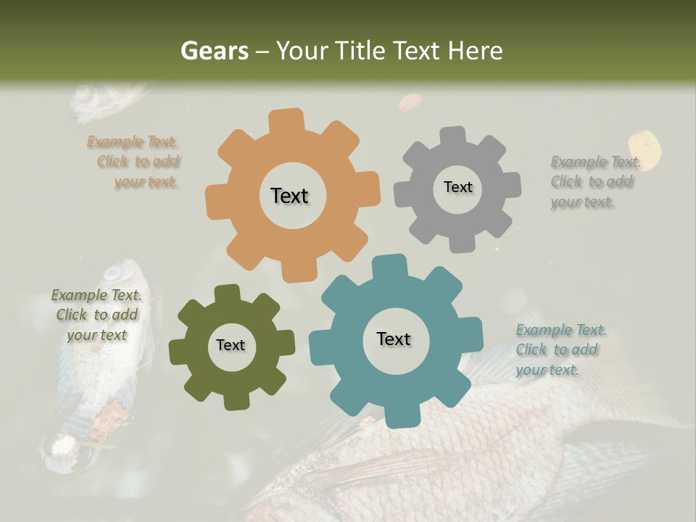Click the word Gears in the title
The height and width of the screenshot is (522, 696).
(x=214, y=51)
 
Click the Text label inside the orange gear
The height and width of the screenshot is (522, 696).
(x=289, y=196)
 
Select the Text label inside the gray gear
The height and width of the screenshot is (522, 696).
(x=457, y=187)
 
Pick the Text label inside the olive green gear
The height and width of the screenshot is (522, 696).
(x=231, y=345)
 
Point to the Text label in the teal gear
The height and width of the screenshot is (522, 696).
(x=394, y=339)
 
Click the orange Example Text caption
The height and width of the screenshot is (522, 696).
(x=135, y=162)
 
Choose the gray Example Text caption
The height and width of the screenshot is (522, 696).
(x=594, y=182)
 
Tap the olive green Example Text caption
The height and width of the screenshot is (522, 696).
(x=96, y=315)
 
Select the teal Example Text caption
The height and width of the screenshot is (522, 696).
(x=560, y=350)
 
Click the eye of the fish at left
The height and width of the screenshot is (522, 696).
(x=113, y=274)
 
